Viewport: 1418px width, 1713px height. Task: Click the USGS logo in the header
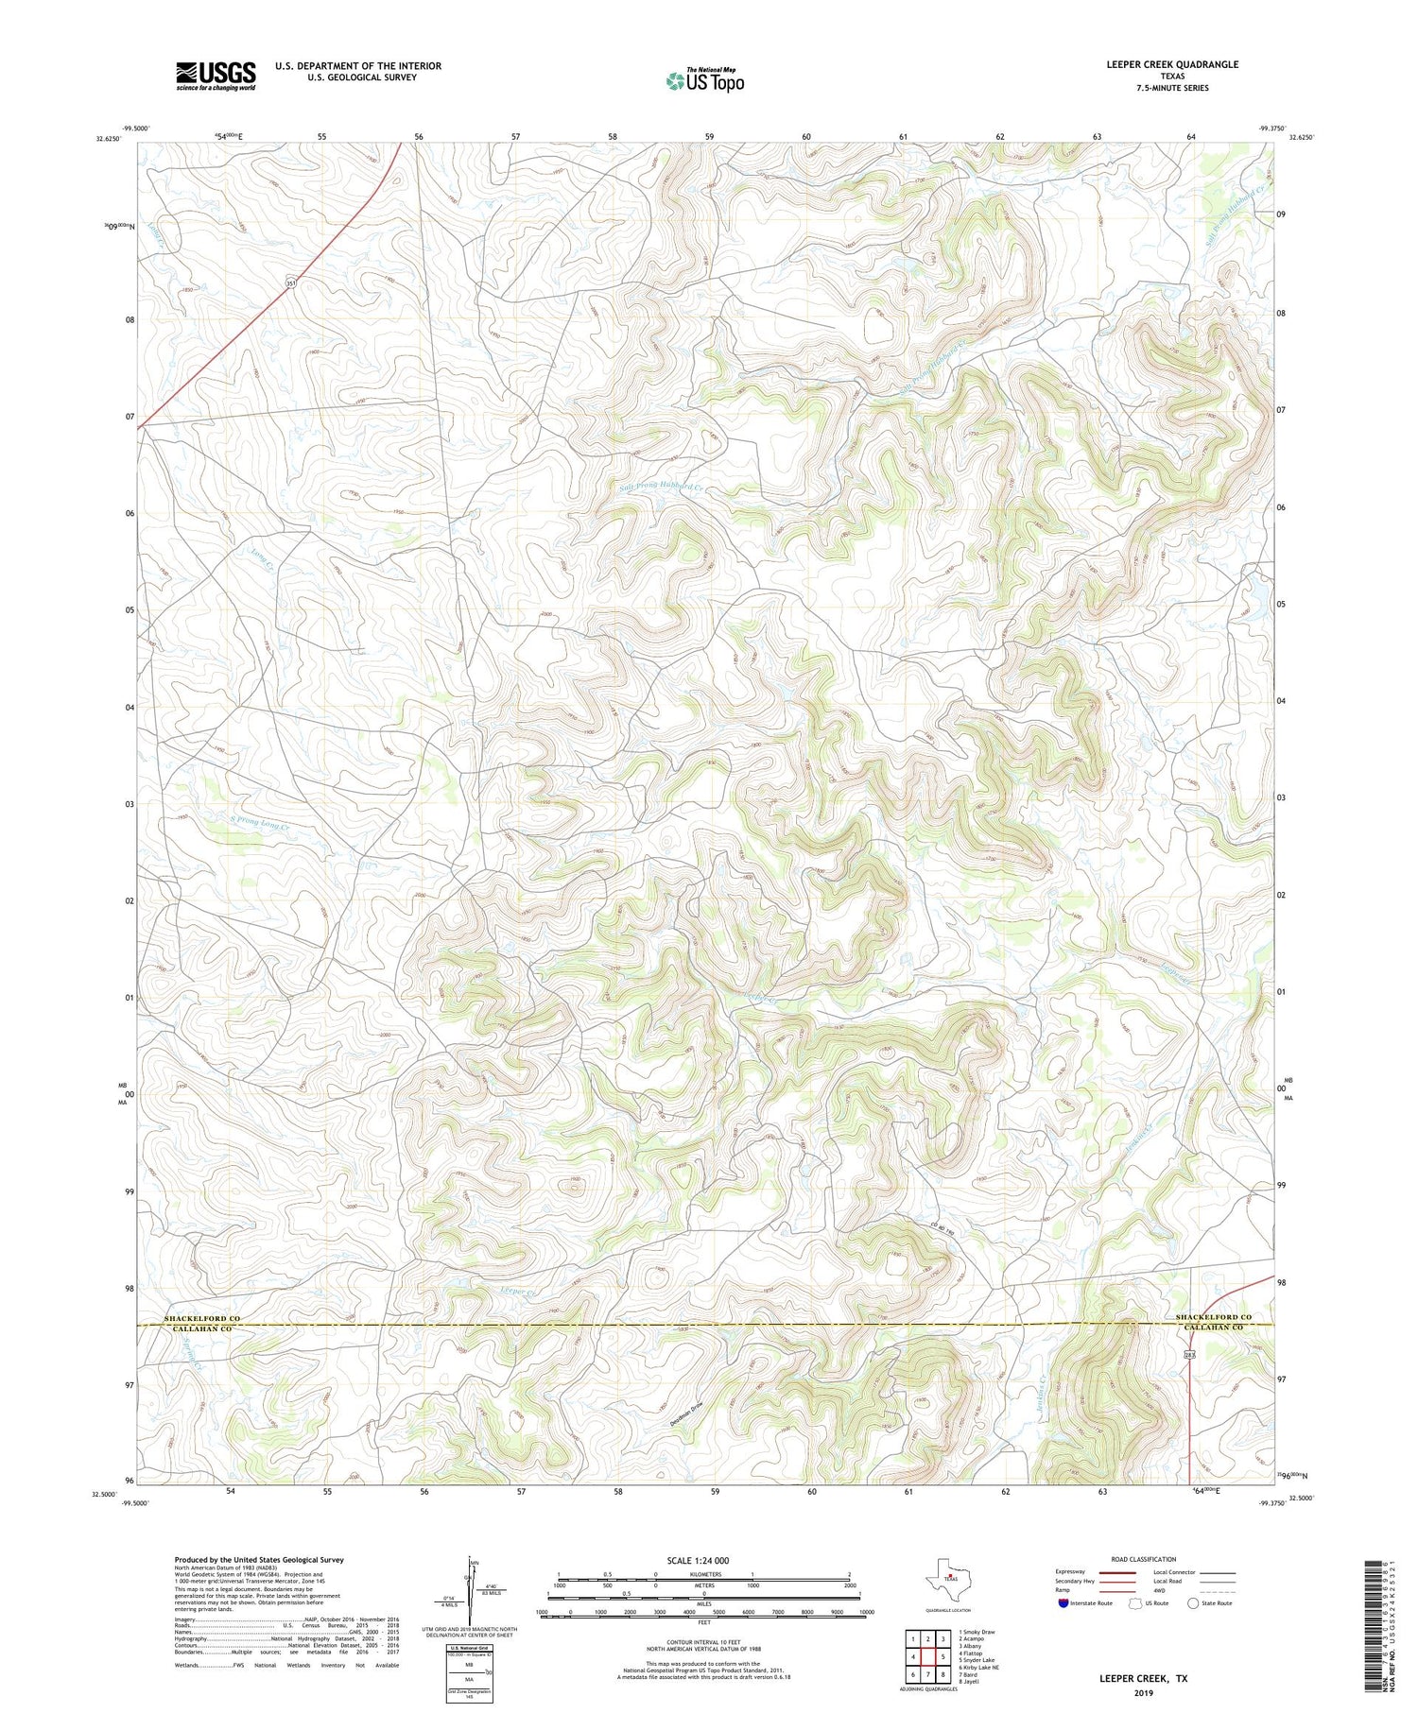[216, 76]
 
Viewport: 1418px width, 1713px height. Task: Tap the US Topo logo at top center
[704, 81]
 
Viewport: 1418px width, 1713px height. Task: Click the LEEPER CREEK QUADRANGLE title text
[1172, 64]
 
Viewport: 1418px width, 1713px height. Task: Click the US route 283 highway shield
[1189, 1356]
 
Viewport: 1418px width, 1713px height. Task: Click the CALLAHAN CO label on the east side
[1213, 1328]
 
